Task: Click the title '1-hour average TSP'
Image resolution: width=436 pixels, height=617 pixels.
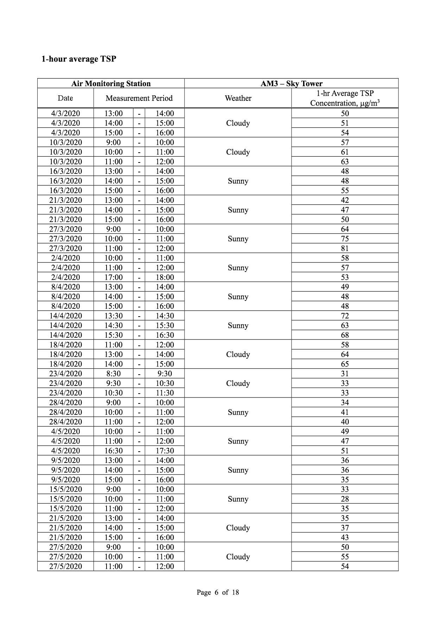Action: tap(79, 59)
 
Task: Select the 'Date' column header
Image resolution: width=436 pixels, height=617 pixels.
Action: tap(65, 98)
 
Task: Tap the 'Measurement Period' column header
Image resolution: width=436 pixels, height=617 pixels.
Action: tap(139, 98)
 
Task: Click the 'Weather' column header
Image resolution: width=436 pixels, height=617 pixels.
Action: tap(238, 98)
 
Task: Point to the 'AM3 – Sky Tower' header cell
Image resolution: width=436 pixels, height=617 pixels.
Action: tap(291, 83)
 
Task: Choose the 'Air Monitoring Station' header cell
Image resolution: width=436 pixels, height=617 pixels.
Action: tap(111, 83)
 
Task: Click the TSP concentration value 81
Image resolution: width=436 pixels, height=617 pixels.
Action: tap(345, 248)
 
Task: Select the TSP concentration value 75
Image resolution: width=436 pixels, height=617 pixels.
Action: tap(345, 238)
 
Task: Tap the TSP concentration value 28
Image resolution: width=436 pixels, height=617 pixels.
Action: tap(345, 499)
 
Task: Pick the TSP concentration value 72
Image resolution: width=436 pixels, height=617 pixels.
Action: tap(345, 316)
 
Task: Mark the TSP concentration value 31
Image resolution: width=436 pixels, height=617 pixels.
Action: tap(345, 374)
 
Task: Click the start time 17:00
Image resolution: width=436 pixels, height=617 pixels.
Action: tap(113, 277)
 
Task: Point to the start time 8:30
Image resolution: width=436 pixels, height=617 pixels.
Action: tap(113, 374)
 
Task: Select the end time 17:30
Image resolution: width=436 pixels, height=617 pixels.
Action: tap(165, 451)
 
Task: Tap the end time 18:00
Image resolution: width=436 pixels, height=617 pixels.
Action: tap(165, 277)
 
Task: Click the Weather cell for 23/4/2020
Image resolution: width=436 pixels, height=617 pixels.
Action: tap(238, 383)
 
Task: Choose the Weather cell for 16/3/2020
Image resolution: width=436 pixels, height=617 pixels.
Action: tap(238, 181)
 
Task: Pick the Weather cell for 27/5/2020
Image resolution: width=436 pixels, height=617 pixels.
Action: tap(238, 556)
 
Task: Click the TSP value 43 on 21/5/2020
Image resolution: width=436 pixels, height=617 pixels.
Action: tap(345, 538)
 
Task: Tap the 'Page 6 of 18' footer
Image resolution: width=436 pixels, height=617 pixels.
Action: tap(218, 592)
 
